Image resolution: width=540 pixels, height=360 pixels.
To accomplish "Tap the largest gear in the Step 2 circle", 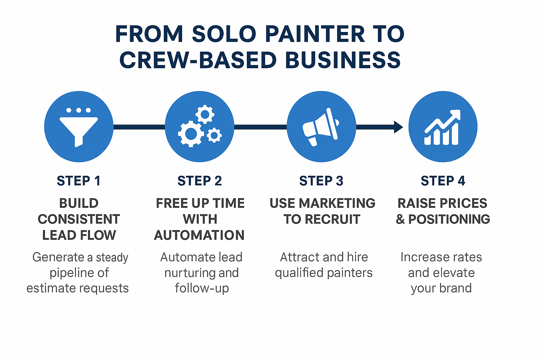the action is [191, 134].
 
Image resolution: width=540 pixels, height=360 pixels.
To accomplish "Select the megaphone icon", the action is [321, 127].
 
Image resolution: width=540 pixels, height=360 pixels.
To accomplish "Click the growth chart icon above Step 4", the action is [443, 127].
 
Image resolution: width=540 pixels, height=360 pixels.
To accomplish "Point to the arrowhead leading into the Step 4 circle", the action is [398, 127].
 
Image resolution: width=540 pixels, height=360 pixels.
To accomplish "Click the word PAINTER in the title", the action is [315, 34].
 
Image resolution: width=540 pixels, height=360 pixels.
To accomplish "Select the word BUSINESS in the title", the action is [343, 60].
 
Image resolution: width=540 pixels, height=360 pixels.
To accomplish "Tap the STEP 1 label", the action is [79, 181].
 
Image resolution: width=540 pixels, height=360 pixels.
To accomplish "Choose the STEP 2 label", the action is [200, 181].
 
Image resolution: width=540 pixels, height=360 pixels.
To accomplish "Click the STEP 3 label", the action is [321, 181].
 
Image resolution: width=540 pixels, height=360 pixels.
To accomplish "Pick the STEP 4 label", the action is [443, 181].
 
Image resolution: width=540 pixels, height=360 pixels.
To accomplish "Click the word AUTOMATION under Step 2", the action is [199, 235].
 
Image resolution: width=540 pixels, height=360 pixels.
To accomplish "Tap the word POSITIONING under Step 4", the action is [449, 219].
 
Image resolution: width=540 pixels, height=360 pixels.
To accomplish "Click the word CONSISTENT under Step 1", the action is [79, 219].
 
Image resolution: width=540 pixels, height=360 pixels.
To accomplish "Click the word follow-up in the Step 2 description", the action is [202, 289].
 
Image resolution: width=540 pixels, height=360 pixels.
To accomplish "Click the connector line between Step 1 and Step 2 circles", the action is [139, 127].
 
